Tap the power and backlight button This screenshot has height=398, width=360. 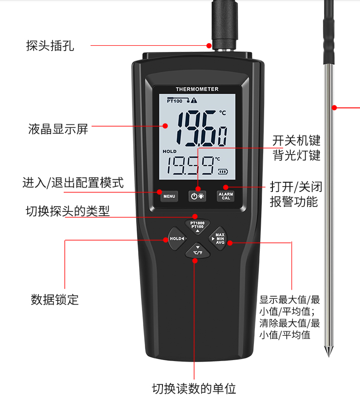[198, 196]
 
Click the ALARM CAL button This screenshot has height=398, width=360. [226, 196]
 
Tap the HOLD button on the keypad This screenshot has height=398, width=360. [177, 239]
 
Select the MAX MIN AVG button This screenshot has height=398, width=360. [219, 238]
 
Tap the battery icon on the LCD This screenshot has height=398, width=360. [223, 171]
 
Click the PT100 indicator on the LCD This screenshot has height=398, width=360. [174, 101]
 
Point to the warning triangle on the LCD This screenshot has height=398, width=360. [194, 101]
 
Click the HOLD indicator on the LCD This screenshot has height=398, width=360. [170, 152]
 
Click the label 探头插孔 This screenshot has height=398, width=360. [50, 46]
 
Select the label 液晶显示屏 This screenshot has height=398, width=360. [58, 129]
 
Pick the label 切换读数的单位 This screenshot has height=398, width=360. [194, 388]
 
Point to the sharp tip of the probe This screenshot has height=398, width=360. [329, 354]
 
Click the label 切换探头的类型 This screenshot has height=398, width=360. [68, 211]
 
